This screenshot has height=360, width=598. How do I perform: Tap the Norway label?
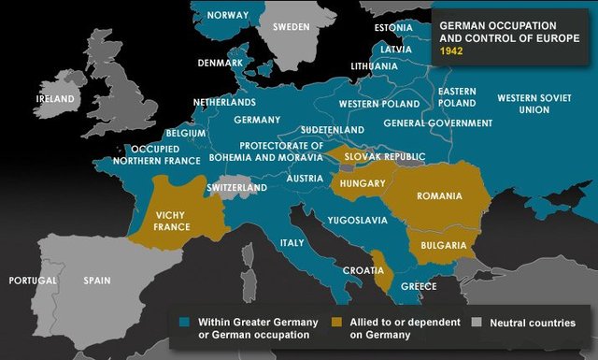[x=228, y=15]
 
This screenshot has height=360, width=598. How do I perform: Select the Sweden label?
[x=291, y=27]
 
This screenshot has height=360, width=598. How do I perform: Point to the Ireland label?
[x=55, y=98]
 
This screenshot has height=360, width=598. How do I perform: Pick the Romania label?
[x=440, y=196]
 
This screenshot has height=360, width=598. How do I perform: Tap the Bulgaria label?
[x=443, y=245]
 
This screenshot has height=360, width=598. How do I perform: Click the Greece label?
[x=419, y=286]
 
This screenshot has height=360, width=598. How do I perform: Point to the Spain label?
[x=97, y=281]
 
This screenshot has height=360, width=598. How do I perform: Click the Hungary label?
[x=363, y=183]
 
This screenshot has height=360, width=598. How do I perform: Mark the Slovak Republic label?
[x=386, y=156]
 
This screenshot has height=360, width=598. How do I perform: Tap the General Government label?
[x=438, y=123]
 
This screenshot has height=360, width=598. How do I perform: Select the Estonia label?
[x=392, y=27]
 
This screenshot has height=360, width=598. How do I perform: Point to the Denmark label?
[x=221, y=64]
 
